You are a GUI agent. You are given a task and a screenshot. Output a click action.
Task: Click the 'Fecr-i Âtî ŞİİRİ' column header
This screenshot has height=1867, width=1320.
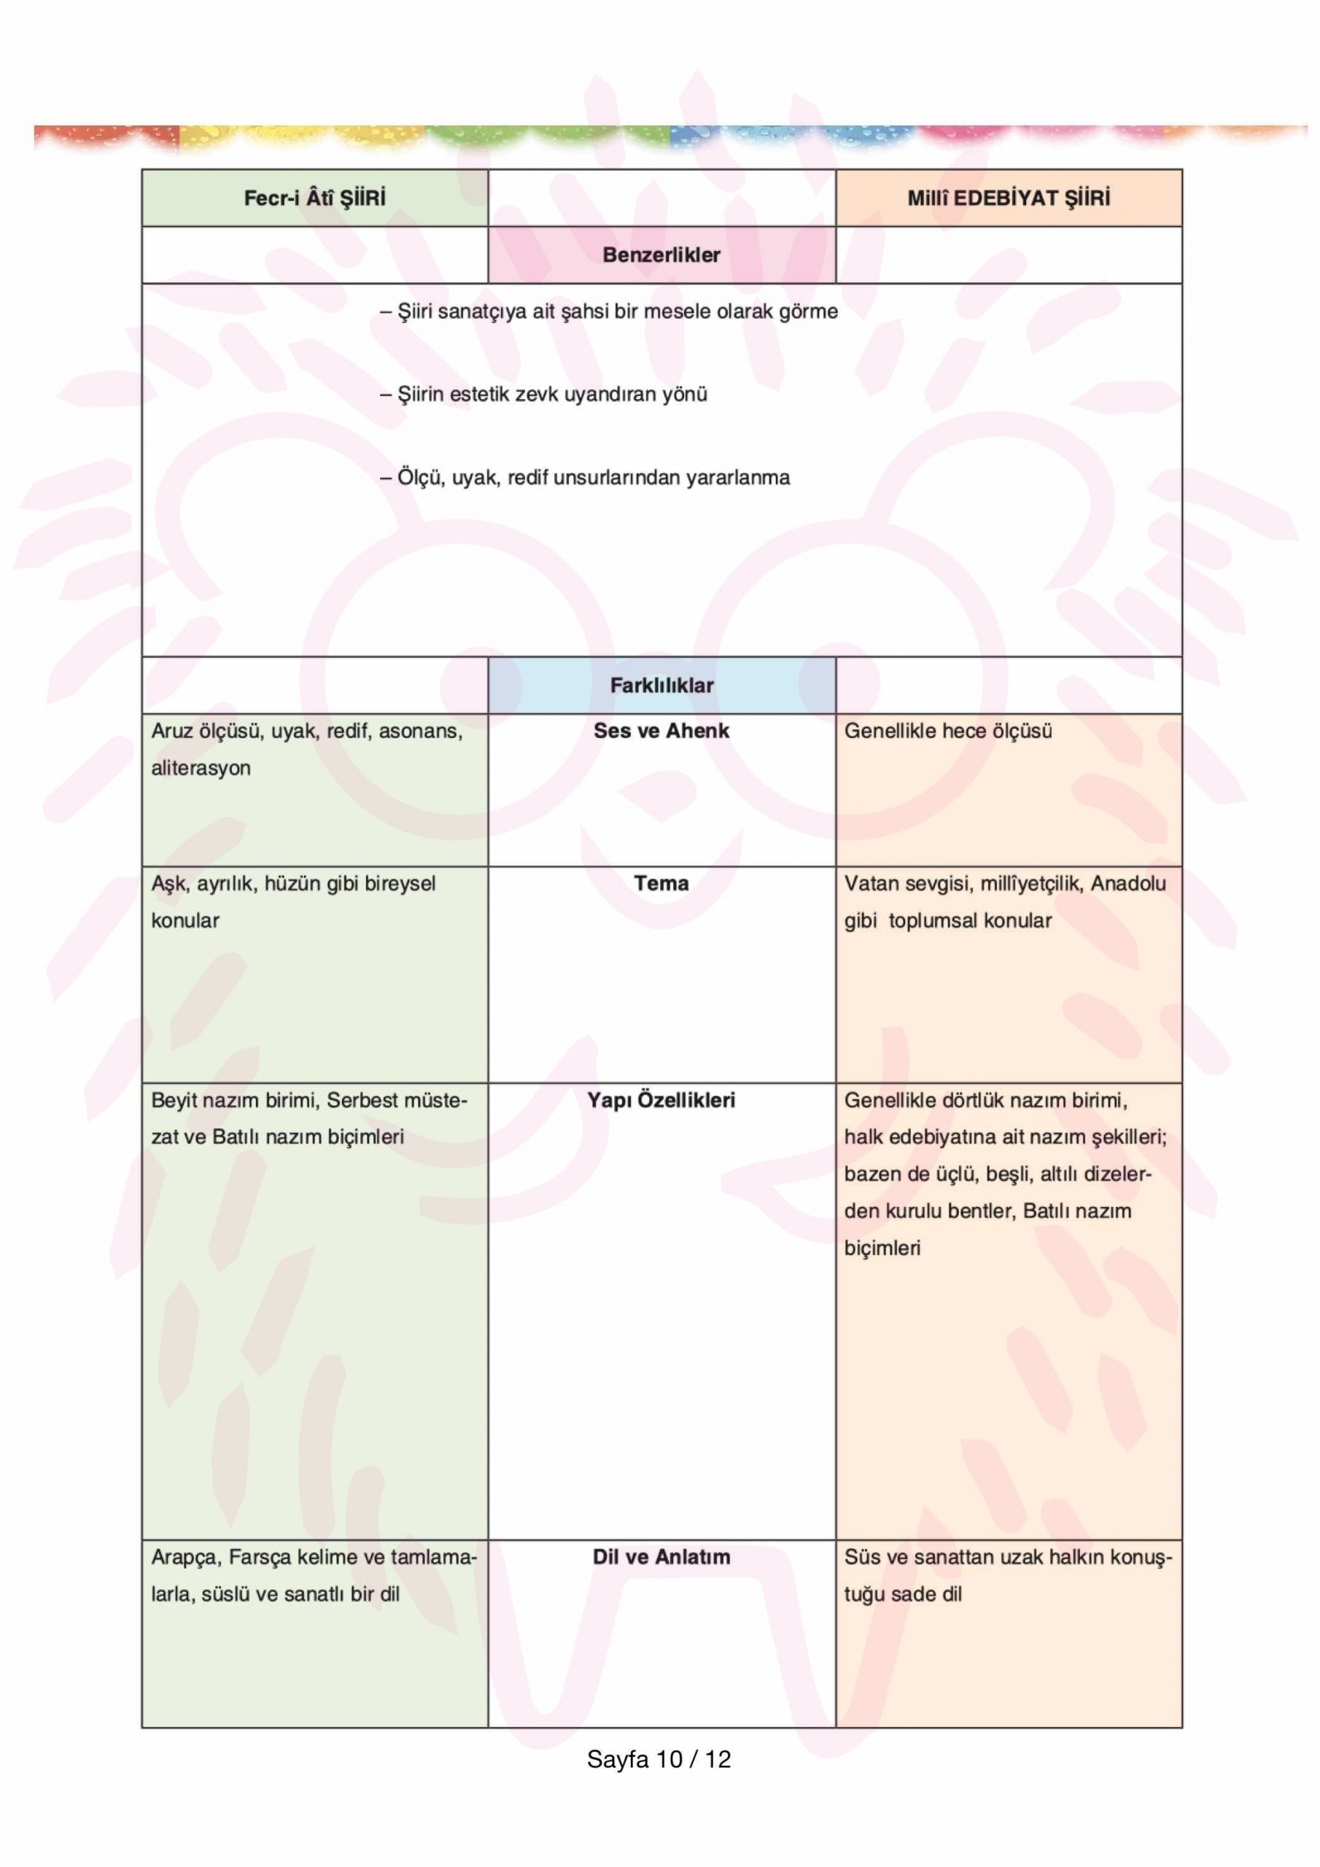click(x=315, y=198)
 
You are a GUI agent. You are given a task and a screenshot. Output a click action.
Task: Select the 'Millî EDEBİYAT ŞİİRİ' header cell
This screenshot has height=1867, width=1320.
click(x=1008, y=198)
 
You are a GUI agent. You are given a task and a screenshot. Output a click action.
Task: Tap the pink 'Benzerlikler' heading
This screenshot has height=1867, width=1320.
click(x=661, y=255)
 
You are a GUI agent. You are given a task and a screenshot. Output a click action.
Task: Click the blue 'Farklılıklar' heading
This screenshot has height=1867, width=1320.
click(x=661, y=686)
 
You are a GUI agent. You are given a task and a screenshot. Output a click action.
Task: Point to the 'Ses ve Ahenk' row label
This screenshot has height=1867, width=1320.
click(x=661, y=731)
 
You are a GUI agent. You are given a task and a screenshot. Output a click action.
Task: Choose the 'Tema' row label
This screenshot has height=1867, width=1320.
click(x=661, y=883)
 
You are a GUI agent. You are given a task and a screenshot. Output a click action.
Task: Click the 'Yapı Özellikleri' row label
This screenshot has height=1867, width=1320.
click(x=661, y=1101)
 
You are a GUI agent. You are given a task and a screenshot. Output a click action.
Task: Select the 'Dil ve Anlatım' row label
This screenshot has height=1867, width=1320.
click(x=661, y=1556)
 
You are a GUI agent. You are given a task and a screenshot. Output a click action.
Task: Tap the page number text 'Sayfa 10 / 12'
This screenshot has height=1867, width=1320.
click(x=659, y=1760)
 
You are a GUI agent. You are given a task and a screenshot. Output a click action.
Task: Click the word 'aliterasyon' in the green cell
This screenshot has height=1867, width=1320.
click(x=201, y=769)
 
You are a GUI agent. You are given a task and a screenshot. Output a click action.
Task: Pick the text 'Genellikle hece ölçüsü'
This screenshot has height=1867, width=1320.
click(x=947, y=731)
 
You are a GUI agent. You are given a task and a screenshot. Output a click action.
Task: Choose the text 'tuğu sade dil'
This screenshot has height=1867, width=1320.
click(x=903, y=1594)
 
